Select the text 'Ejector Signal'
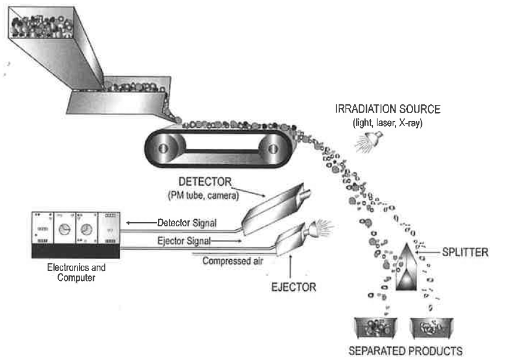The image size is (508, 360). [182, 240]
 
